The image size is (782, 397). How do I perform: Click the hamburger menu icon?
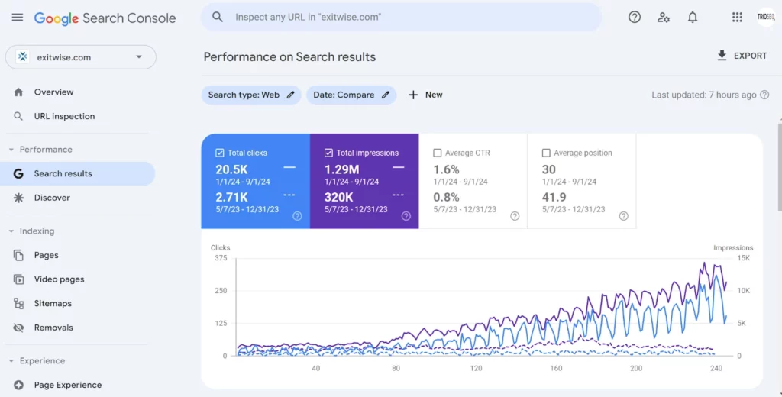point(18,18)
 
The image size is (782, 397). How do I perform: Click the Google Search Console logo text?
point(105,18)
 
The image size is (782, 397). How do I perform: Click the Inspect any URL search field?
point(401,17)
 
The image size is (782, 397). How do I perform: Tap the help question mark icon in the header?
point(635,17)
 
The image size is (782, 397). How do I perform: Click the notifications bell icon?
point(693,17)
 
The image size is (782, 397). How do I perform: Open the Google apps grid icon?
point(737,17)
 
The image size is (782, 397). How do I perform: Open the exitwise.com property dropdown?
point(80,56)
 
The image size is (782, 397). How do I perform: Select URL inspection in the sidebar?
point(64,116)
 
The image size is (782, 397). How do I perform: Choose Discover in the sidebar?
point(52,198)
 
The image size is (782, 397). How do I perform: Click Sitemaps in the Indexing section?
point(53,303)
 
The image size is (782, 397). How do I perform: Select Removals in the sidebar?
point(53,328)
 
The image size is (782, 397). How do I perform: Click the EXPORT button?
point(742,56)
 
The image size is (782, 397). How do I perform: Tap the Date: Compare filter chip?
point(351,95)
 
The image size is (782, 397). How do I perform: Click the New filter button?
point(425,95)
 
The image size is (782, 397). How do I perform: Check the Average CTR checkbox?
point(438,153)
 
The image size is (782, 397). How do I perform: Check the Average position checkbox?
point(546,153)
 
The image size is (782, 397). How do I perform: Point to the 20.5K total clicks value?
point(231,169)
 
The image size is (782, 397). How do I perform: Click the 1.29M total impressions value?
point(341,169)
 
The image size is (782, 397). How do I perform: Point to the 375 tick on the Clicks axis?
point(221,258)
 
